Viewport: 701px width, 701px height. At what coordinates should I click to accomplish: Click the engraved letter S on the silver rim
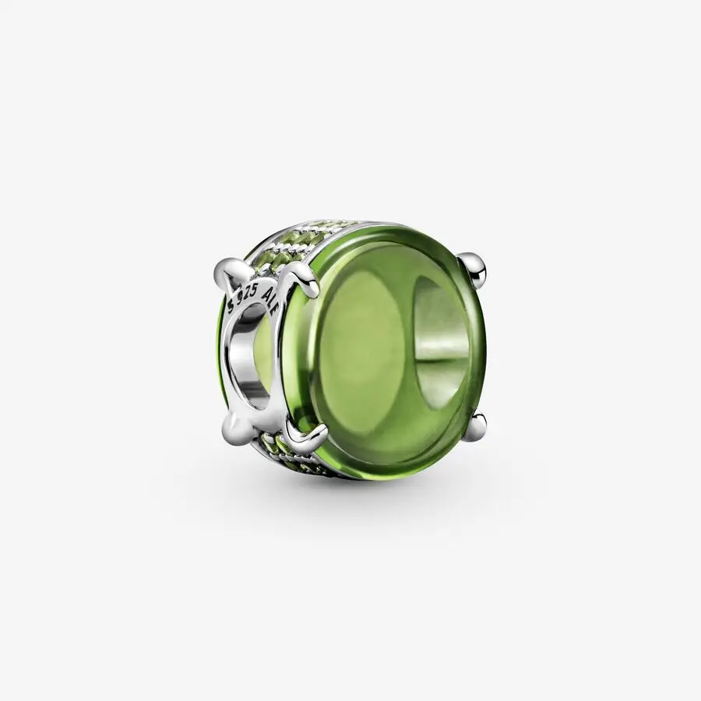pos(231,298)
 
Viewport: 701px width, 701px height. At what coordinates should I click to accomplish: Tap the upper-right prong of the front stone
pos(474,266)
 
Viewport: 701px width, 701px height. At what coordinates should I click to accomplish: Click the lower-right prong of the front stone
pos(477,425)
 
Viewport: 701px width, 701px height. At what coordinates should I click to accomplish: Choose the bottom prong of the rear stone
pos(234,428)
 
